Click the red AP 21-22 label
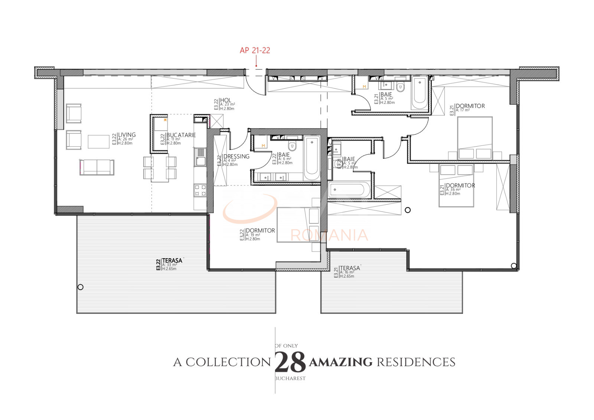click(255, 50)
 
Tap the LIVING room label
click(127, 135)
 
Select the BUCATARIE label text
click(181, 135)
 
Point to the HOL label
click(225, 100)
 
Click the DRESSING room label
click(236, 157)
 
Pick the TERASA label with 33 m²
click(172, 261)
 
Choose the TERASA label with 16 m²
click(349, 268)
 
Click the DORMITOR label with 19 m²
click(260, 230)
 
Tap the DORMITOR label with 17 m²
click(470, 106)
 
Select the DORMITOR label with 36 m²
click(460, 186)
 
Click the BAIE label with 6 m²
click(284, 155)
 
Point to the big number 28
click(290, 362)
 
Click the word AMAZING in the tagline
click(340, 362)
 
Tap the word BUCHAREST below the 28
click(290, 378)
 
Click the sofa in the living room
click(97, 167)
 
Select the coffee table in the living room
click(98, 141)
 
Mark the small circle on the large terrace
click(81, 287)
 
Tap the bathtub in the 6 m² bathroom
click(311, 158)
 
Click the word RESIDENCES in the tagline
click(416, 362)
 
